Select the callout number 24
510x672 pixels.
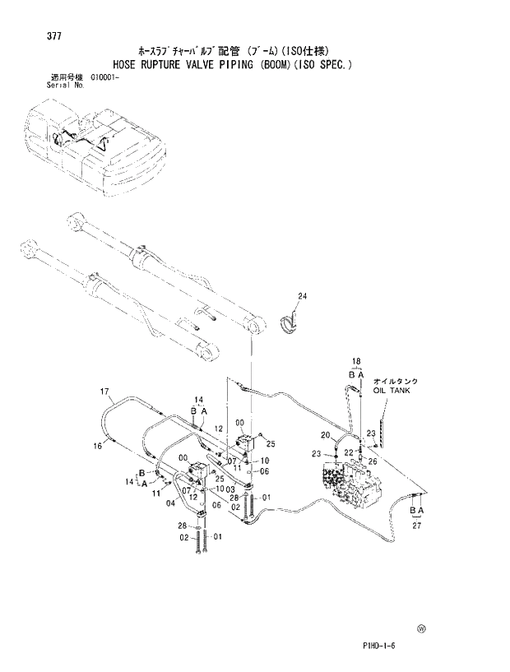[x=302, y=296]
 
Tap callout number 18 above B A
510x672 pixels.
[x=356, y=361]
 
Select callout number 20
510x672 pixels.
[x=325, y=434]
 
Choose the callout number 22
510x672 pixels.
[x=348, y=452]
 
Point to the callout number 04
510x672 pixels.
[x=169, y=503]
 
